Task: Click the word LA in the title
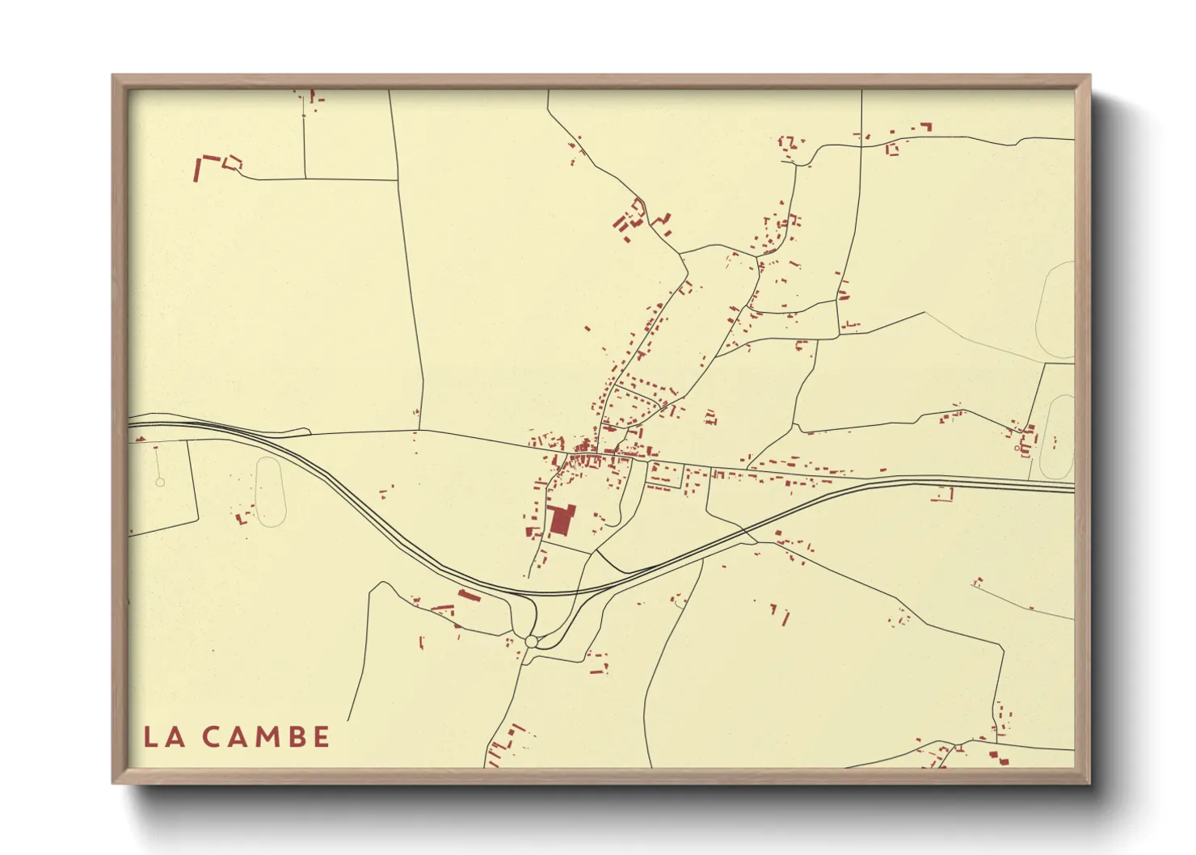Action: coord(162,737)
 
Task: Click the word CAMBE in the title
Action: coord(266,737)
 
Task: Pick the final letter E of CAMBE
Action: coord(321,737)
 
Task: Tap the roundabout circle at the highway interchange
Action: coord(531,641)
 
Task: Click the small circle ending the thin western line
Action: coord(160,482)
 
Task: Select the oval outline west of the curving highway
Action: coord(270,491)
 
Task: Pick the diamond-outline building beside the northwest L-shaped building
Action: coord(233,162)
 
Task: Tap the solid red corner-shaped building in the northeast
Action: coord(926,126)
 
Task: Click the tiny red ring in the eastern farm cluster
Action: coord(1017,448)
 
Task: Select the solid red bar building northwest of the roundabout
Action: coord(469,596)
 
